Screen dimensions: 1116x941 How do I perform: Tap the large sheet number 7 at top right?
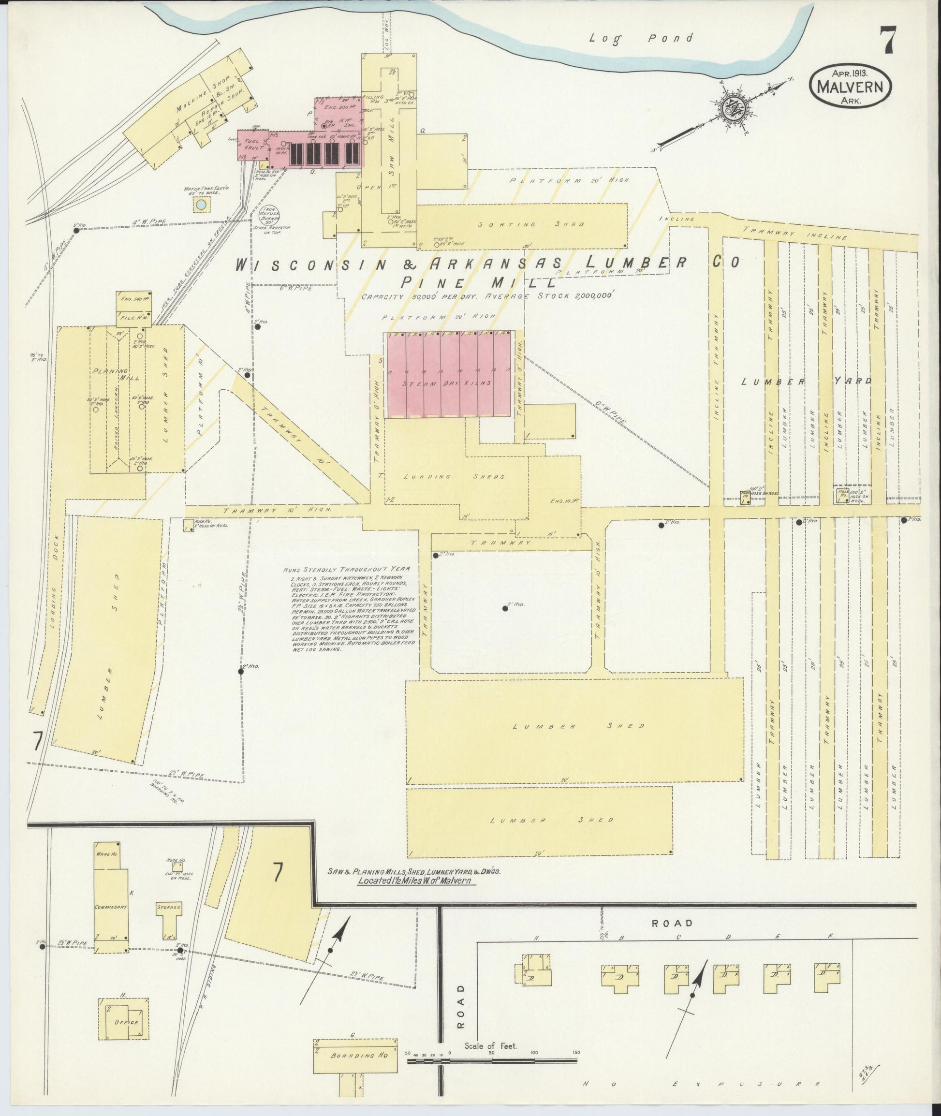pos(887,40)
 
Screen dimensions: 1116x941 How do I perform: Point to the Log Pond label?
pos(641,38)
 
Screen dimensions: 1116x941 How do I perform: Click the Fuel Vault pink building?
pos(252,146)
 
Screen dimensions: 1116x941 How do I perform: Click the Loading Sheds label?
pos(454,477)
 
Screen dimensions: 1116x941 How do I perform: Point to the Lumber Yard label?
pos(807,382)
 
